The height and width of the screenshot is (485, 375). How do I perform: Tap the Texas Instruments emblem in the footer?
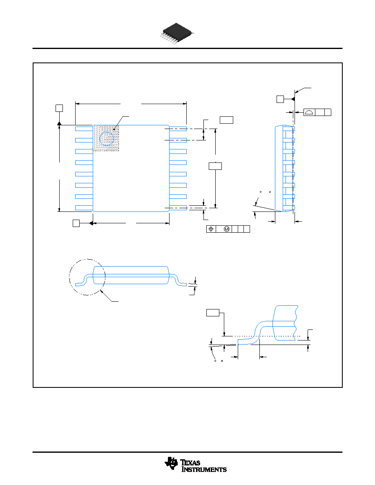171,464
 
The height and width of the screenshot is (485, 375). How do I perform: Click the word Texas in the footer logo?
190,463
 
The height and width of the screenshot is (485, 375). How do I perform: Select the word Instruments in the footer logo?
204,469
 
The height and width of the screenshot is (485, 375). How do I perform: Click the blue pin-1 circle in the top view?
107,138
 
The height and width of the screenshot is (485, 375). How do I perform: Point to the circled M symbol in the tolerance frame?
227,229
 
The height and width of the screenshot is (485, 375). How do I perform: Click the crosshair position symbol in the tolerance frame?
211,229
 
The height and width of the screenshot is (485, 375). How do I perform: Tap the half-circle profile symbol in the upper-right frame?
309,112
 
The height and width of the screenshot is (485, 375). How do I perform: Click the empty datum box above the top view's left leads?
59,108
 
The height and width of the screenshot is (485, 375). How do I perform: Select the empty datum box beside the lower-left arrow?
76,223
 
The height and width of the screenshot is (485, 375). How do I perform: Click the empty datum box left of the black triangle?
280,99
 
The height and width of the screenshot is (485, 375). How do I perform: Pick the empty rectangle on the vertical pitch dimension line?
215,166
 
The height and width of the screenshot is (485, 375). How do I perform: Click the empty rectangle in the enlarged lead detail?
212,313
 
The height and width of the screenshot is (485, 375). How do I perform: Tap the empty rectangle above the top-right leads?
226,120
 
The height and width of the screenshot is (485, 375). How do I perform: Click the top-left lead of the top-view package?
84,129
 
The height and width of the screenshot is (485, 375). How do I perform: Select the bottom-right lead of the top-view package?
178,208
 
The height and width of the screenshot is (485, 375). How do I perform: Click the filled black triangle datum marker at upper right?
293,99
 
